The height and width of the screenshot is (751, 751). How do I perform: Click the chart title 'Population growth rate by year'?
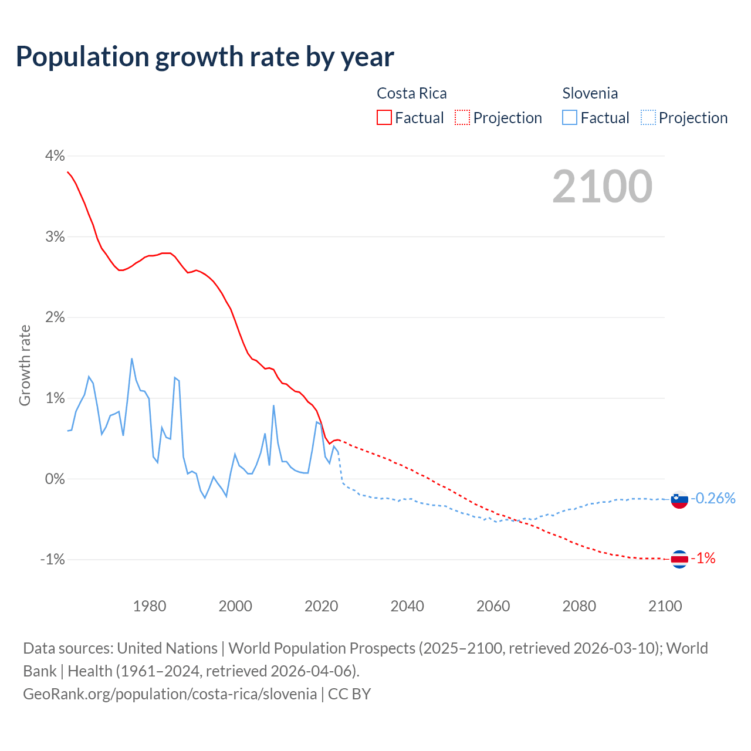pos(205,57)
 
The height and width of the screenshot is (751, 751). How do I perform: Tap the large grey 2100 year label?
pos(602,186)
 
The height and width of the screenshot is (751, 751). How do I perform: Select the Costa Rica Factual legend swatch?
pos(384,118)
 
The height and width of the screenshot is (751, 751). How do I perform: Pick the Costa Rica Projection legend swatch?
pos(462,118)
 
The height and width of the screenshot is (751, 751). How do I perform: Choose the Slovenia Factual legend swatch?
pos(570,118)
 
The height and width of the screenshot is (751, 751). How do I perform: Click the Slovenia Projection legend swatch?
pos(648,118)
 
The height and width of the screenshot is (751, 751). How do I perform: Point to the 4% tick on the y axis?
pos(55,156)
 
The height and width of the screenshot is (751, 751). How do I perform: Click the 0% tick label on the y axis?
pos(55,479)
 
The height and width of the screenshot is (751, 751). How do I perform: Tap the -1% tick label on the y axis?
pos(52,560)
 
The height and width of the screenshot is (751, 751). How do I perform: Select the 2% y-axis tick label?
pos(55,317)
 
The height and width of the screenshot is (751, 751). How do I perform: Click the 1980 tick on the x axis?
pos(150,606)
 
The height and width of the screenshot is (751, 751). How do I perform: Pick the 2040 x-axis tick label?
pos(407,606)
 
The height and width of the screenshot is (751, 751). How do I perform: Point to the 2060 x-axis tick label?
pos(493,606)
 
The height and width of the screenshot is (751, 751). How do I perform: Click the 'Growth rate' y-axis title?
pos(25,365)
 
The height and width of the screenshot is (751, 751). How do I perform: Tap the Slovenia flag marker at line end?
pos(679,499)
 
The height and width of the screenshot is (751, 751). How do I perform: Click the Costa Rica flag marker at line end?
pos(679,559)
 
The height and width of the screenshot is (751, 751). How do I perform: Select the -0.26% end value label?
pos(713,499)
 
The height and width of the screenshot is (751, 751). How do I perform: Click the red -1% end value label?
pos(703,559)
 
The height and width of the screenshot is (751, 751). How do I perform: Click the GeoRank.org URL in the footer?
pos(170,694)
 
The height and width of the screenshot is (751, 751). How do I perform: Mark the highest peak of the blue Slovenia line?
pos(132,358)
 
